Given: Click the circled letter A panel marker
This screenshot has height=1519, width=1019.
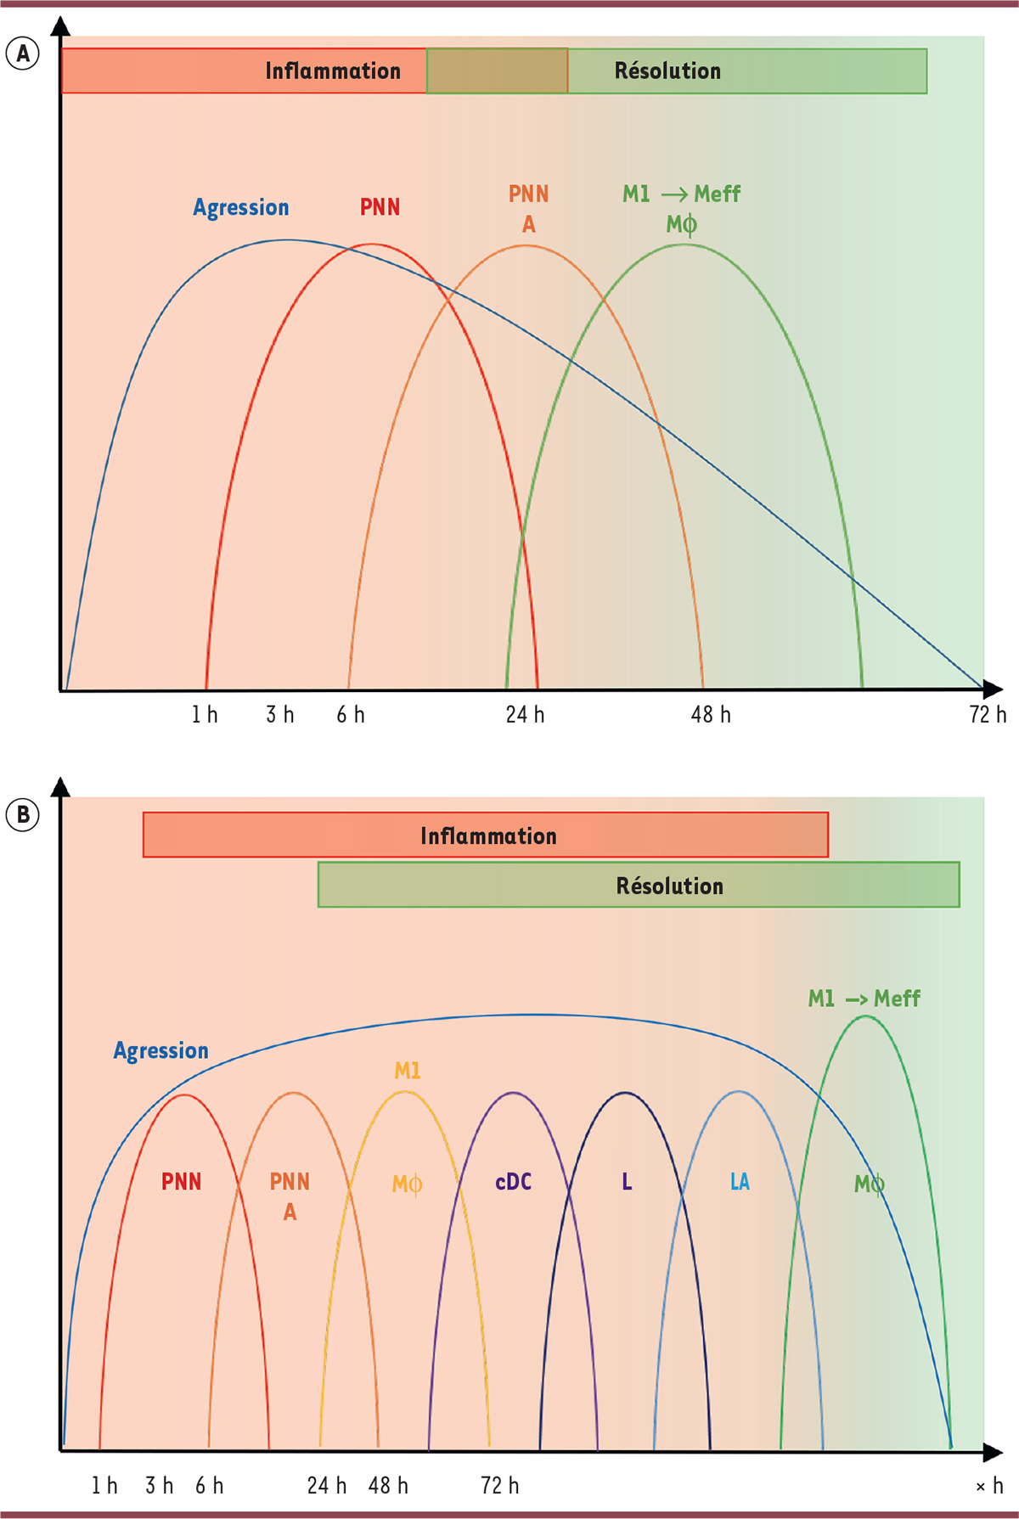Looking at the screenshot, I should [x=23, y=53].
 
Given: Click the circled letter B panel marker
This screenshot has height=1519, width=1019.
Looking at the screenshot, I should [x=23, y=815].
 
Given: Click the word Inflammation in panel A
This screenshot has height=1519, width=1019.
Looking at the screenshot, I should [x=332, y=70].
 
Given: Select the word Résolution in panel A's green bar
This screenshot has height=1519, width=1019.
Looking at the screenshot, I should [x=667, y=70].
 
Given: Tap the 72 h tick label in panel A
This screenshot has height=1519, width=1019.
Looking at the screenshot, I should [x=987, y=715].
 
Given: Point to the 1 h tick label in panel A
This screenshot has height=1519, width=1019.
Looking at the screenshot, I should [x=205, y=715].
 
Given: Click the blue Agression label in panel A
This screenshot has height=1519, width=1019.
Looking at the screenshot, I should [x=241, y=207].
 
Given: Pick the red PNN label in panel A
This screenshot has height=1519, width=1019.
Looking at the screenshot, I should [x=380, y=207].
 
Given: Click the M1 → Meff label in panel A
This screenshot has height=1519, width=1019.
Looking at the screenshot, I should [x=681, y=194].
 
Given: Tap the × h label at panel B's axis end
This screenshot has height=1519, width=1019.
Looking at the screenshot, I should [x=989, y=1486].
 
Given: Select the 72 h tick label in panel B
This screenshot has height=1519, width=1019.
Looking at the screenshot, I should [x=499, y=1486].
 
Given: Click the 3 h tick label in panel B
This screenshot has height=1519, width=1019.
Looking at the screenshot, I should [x=159, y=1486].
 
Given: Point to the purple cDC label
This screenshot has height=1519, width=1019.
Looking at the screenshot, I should [x=514, y=1182].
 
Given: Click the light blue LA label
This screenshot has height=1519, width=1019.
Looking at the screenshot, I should [x=740, y=1182].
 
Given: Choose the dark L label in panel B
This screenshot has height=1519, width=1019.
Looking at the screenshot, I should [x=627, y=1182].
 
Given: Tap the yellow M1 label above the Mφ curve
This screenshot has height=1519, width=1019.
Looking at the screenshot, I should [x=408, y=1071].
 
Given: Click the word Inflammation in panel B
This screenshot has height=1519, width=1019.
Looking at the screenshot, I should [x=488, y=836].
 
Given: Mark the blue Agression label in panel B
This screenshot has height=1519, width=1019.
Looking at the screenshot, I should [x=161, y=1051].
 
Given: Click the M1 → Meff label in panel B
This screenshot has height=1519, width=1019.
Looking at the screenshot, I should [x=864, y=999].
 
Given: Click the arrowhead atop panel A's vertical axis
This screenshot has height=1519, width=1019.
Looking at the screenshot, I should [x=60, y=25].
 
